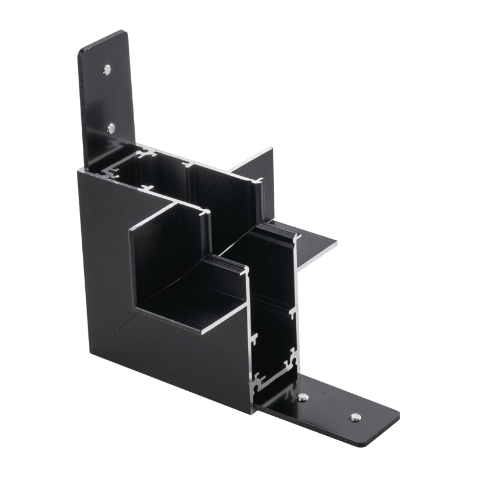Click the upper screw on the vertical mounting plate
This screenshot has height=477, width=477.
(x=107, y=70)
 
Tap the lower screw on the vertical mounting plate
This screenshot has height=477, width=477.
(x=111, y=128)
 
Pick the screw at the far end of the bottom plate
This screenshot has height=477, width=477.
(x=355, y=417)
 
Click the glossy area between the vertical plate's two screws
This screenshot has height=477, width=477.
(x=109, y=98)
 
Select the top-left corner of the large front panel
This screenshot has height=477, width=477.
(x=79, y=171)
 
